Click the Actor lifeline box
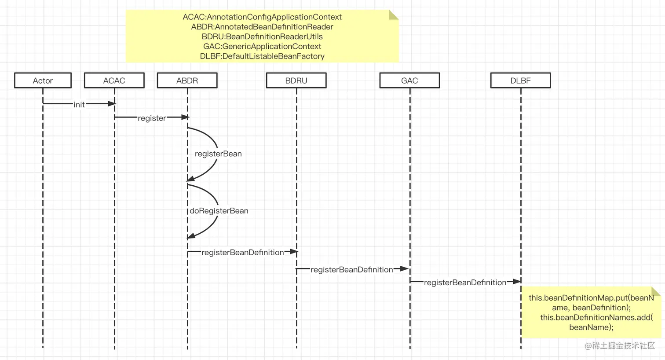click(x=43, y=81)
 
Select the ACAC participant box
click(x=114, y=81)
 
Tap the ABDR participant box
click(x=187, y=81)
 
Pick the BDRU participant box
click(x=296, y=81)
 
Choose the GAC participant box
click(x=409, y=81)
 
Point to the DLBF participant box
click(x=520, y=81)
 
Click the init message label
click(x=79, y=105)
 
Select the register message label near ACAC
click(x=152, y=118)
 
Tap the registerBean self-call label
click(x=218, y=154)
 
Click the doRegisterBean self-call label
click(x=219, y=211)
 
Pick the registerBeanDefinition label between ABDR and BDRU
click(x=242, y=252)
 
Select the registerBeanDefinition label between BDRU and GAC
click(x=352, y=269)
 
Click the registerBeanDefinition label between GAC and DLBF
click(x=465, y=283)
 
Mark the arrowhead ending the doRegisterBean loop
click(x=191, y=237)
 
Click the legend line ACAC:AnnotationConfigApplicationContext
click(x=262, y=17)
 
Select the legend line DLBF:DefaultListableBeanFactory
click(x=262, y=56)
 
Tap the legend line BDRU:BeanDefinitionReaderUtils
click(x=262, y=37)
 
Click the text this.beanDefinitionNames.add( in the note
click(x=596, y=317)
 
